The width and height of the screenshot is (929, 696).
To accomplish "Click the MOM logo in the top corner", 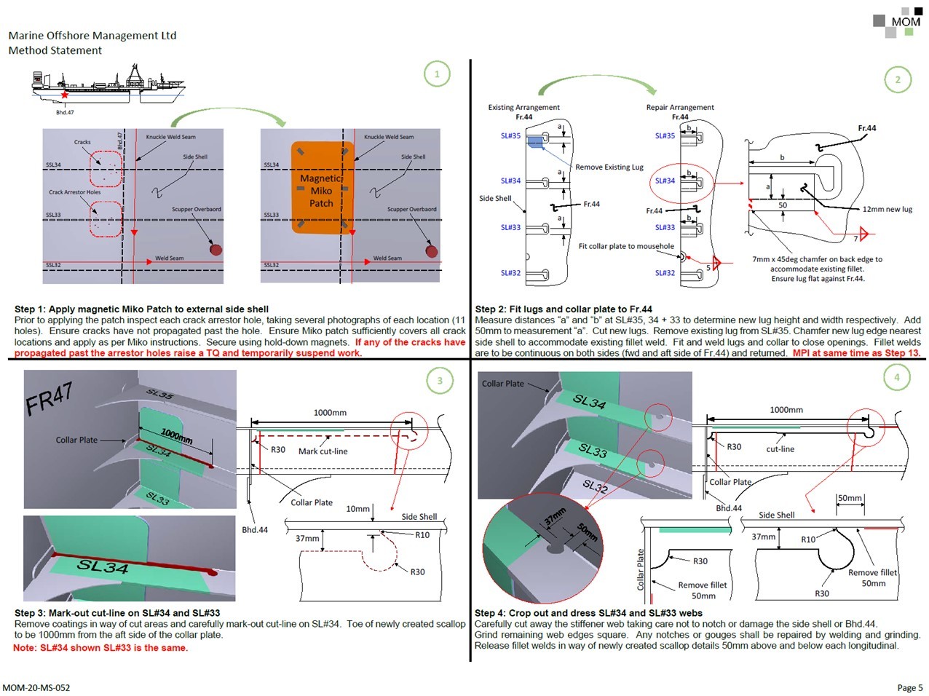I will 897,22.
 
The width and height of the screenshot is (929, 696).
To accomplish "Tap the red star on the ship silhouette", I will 65,95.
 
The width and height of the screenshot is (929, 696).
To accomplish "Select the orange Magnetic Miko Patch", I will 321,188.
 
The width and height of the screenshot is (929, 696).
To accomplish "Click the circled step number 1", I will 437,74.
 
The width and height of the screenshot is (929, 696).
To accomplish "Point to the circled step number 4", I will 896,377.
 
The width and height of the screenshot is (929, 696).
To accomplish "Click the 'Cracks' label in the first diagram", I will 82,142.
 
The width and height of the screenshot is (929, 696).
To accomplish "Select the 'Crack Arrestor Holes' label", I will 74,192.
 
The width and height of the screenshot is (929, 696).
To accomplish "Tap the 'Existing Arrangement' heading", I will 523,107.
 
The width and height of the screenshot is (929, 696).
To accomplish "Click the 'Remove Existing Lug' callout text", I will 609,167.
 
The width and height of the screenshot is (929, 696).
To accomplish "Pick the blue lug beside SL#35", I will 535,141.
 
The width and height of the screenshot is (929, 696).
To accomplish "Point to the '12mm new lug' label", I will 887,209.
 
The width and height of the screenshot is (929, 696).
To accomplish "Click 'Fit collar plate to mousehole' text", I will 626,246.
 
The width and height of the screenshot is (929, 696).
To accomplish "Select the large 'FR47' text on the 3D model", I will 49,398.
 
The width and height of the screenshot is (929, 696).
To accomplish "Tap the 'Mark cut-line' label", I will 323,451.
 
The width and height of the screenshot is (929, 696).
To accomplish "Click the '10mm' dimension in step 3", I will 357,509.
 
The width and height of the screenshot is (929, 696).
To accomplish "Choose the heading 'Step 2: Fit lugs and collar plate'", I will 564,309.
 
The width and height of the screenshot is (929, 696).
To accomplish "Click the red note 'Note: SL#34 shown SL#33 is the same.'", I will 100,648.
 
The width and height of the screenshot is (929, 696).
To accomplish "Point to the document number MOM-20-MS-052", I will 36,687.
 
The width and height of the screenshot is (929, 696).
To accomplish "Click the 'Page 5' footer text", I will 909,687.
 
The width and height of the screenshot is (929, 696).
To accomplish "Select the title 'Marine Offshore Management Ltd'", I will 92,35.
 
